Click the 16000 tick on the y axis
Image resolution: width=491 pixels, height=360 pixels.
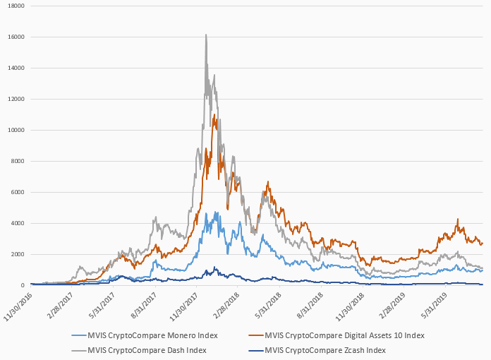pos(14,37)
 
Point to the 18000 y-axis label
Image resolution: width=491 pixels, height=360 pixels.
pos(14,6)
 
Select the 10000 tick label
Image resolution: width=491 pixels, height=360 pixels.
pos(14,130)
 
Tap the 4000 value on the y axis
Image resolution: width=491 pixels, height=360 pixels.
pos(16,223)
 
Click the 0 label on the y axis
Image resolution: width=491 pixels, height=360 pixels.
pos(22,285)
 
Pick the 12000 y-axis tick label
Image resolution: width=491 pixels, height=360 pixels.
pos(14,99)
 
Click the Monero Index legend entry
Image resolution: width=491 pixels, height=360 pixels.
pos(149,334)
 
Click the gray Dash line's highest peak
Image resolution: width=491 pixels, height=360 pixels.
pos(205,35)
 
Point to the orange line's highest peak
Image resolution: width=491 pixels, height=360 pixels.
pos(214,114)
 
